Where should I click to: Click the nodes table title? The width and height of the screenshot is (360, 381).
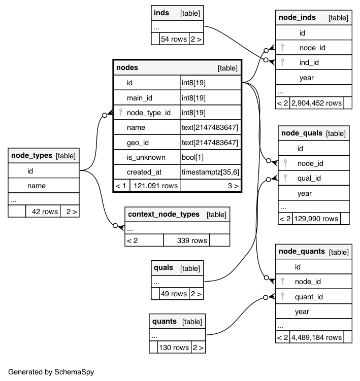[x=127, y=67]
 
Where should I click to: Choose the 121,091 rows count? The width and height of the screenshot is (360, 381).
[x=155, y=186]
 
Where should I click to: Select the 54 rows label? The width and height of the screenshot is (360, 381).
[x=174, y=39]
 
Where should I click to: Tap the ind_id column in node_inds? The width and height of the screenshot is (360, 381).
[x=309, y=62]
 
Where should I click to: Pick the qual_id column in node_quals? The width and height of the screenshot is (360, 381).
[x=309, y=178]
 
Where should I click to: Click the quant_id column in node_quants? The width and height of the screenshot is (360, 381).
[x=309, y=297]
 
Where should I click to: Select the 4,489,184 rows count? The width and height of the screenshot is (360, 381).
[x=316, y=337]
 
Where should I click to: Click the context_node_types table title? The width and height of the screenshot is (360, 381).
[x=163, y=214]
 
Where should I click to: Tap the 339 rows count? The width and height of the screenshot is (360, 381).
[x=192, y=240]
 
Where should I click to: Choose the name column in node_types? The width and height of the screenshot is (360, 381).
[x=37, y=186]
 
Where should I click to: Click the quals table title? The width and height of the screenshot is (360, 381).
[x=163, y=267]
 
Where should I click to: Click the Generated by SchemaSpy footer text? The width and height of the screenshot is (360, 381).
[x=51, y=371]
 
